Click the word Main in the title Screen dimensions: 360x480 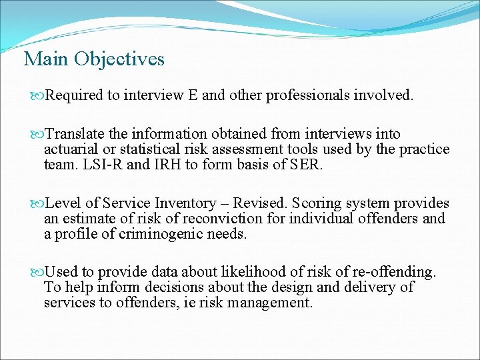point(47,59)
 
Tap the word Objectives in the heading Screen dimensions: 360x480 point(119,59)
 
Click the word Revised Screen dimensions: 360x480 point(259,203)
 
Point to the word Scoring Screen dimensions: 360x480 point(317,203)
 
